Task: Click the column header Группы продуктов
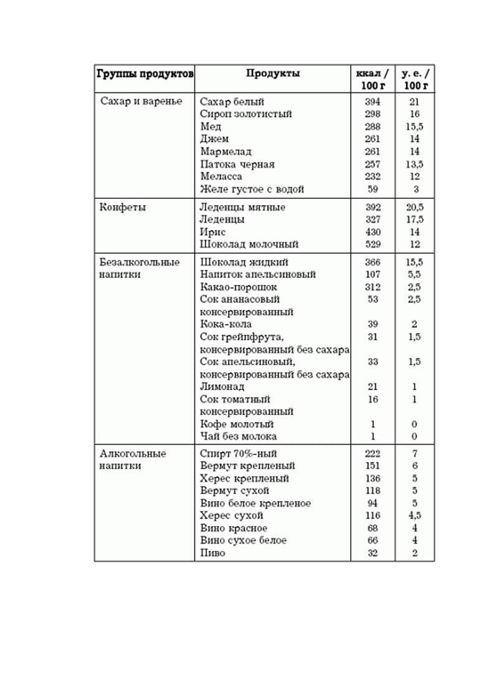[145, 74]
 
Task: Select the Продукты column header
[272, 74]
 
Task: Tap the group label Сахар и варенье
[141, 102]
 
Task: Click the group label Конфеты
[123, 208]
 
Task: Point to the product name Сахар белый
[232, 102]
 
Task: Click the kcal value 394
[373, 102]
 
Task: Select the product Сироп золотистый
[245, 114]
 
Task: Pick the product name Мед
[211, 127]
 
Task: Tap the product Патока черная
[237, 165]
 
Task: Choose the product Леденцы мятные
[242, 208]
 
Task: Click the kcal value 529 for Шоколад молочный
[373, 244]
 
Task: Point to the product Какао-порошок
[239, 287]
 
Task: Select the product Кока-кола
[226, 324]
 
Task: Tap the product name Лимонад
[222, 387]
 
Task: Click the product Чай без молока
[238, 436]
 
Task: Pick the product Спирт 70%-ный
[239, 454]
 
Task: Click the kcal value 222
[373, 454]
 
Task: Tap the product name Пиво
[212, 553]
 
